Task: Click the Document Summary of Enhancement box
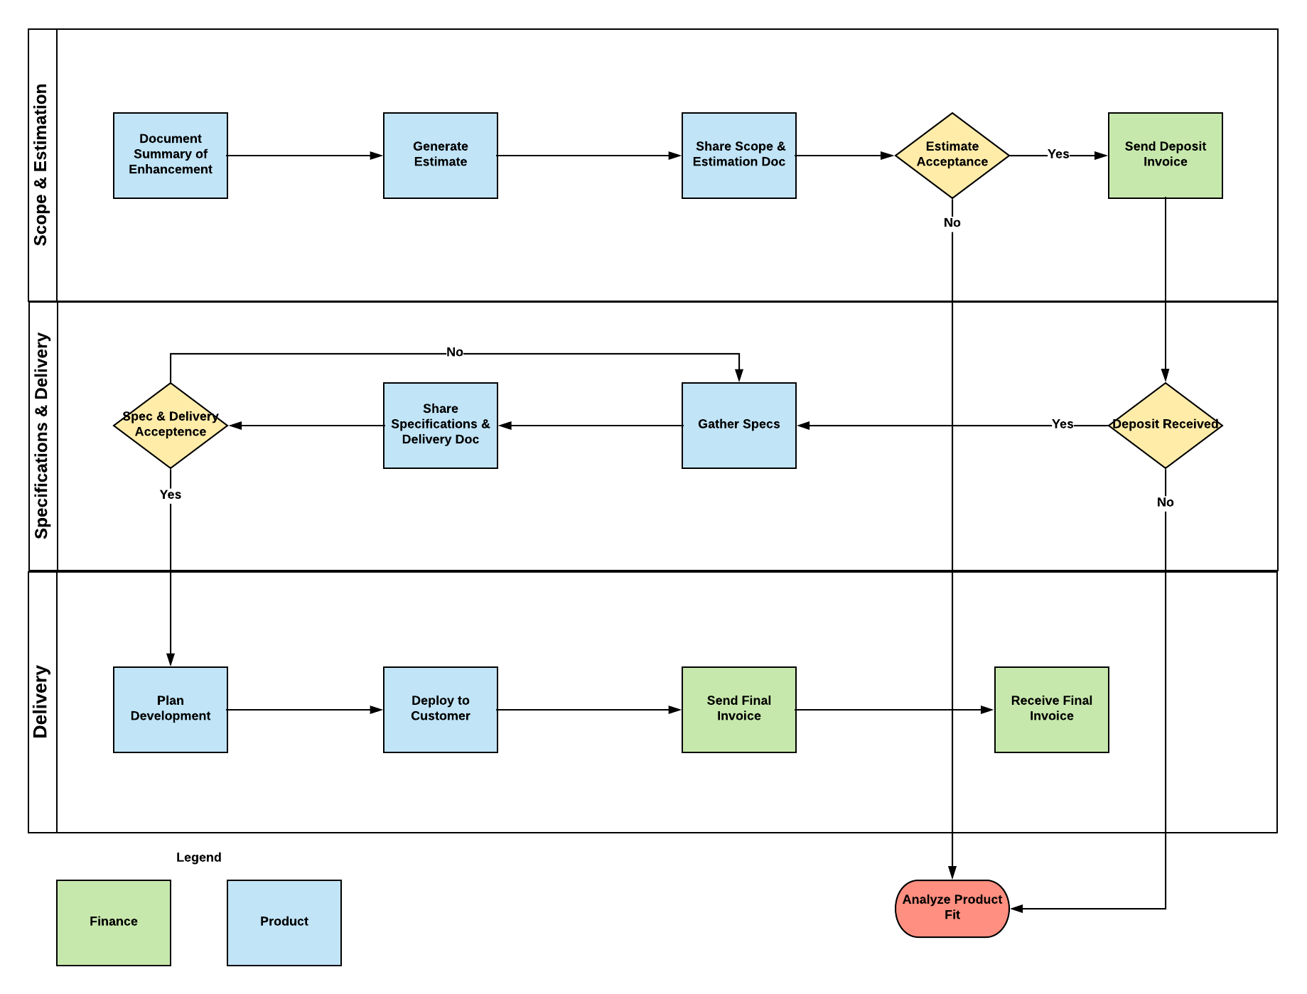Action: (171, 155)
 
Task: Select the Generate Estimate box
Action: (440, 155)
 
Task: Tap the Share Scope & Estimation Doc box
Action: (738, 155)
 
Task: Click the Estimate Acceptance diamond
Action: (952, 155)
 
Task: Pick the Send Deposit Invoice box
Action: (1165, 155)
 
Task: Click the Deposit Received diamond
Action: (1165, 425)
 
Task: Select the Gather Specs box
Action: (738, 425)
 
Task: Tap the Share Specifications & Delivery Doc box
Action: (440, 425)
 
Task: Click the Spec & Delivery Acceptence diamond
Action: (171, 425)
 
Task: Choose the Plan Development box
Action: (171, 709)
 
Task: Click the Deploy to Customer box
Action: (440, 709)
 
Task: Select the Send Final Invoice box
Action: (738, 709)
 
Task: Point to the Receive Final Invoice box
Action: (1051, 709)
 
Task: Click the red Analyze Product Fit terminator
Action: (952, 908)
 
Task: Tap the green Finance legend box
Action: (114, 922)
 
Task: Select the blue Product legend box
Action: (284, 922)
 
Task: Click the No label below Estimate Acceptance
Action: (952, 222)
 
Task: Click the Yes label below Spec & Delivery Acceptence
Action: (171, 495)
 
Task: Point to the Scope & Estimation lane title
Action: (41, 165)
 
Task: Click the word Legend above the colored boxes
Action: (198, 857)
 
